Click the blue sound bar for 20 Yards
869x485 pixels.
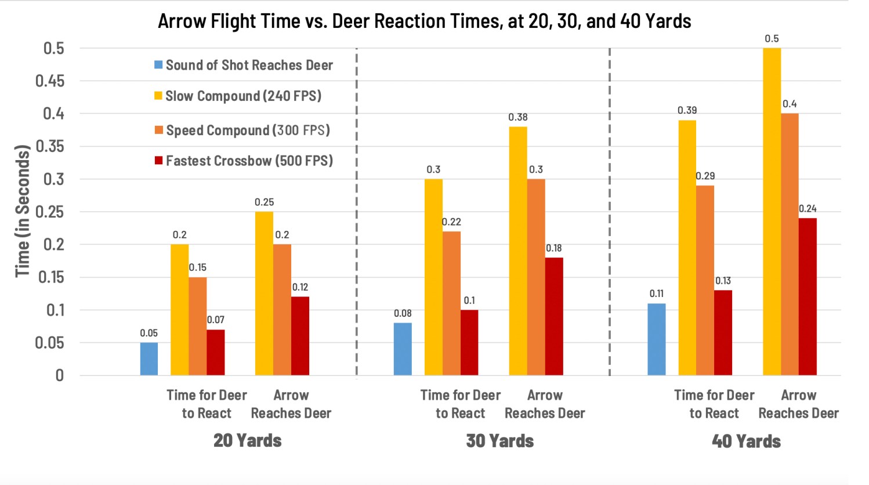pos(149,359)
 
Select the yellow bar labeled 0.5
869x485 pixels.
pos(772,212)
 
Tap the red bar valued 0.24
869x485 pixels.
pos(808,296)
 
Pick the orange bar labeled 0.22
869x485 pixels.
pos(451,303)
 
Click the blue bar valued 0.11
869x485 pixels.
pos(656,339)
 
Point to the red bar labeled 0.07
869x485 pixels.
pos(215,352)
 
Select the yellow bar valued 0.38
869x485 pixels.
pos(518,251)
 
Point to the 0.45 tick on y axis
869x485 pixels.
pos(50,81)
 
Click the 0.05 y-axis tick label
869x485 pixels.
pos(50,343)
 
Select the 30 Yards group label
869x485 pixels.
pos(499,441)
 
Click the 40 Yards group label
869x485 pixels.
pos(746,441)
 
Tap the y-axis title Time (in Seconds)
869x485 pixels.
pos(22,211)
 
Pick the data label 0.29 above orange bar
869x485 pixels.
pos(705,176)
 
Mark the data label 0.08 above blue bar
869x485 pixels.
pos(403,313)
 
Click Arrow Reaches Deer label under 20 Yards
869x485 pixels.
pos(291,404)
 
